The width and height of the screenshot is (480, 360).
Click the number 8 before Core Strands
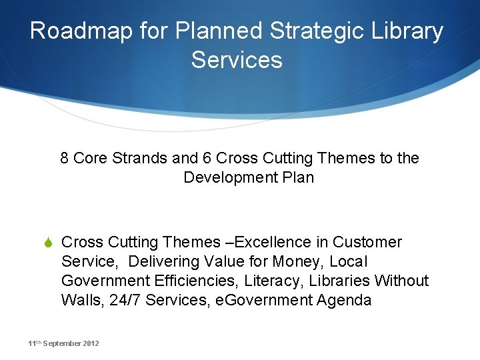tap(65, 158)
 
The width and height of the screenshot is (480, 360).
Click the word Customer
tap(367, 242)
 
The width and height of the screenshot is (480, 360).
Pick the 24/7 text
tap(125, 300)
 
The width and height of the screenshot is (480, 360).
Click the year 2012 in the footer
tap(91, 343)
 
